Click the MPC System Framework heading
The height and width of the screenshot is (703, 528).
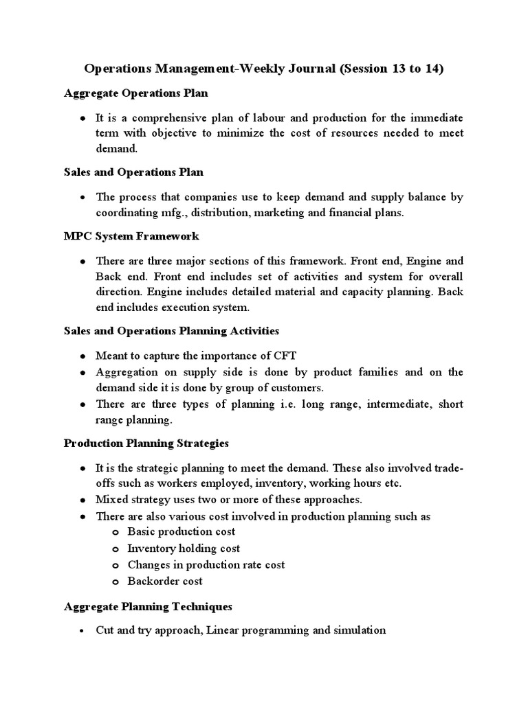pos(131,235)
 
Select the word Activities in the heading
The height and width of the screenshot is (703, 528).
pos(252,331)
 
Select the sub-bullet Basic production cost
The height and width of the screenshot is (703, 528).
pos(181,531)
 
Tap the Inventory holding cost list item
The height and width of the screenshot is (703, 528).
pos(184,548)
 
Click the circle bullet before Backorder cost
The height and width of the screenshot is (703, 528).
pos(115,581)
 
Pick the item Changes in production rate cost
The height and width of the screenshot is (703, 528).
pos(206,564)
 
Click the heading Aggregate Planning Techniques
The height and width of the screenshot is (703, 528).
pos(148,606)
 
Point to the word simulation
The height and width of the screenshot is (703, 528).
pos(360,630)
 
